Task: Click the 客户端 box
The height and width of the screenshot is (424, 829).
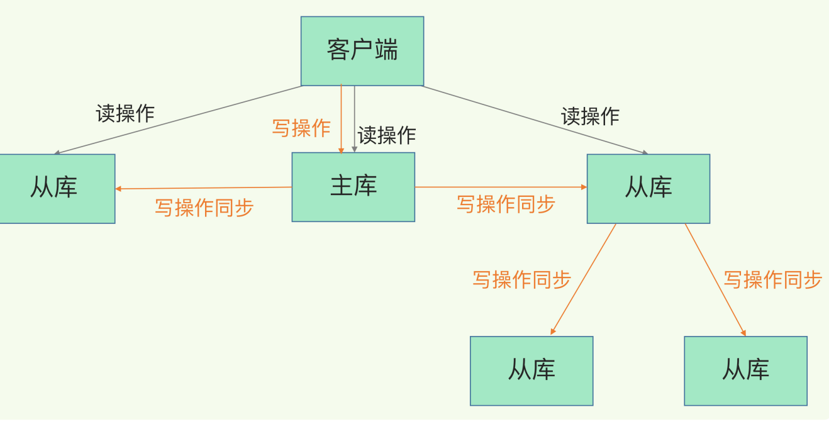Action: tap(362, 51)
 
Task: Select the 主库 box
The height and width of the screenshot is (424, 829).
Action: tap(353, 187)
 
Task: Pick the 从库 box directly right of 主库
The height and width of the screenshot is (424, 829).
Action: tap(648, 188)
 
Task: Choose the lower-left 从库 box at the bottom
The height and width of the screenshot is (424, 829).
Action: tap(531, 371)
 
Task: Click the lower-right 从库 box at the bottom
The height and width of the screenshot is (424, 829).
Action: tap(745, 371)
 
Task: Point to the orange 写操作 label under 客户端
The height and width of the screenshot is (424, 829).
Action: tap(301, 128)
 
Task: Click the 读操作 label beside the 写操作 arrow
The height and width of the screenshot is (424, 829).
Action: tap(387, 135)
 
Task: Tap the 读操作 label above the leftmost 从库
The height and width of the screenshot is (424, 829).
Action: tap(125, 113)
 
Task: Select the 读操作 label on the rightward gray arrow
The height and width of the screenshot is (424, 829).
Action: tap(590, 116)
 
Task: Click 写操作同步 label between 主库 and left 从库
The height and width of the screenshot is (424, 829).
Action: tap(204, 208)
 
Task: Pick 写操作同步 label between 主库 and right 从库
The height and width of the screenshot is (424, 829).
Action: tap(506, 204)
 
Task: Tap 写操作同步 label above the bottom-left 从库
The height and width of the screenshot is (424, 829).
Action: tap(521, 279)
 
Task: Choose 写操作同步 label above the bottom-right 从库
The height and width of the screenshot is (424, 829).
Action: tap(772, 279)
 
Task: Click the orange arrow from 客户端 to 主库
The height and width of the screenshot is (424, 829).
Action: tap(341, 120)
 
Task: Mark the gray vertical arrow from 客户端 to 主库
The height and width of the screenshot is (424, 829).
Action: tap(355, 120)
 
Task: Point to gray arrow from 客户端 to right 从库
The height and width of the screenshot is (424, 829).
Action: tap(535, 119)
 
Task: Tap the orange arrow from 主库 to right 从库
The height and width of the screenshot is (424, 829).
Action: tap(501, 187)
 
